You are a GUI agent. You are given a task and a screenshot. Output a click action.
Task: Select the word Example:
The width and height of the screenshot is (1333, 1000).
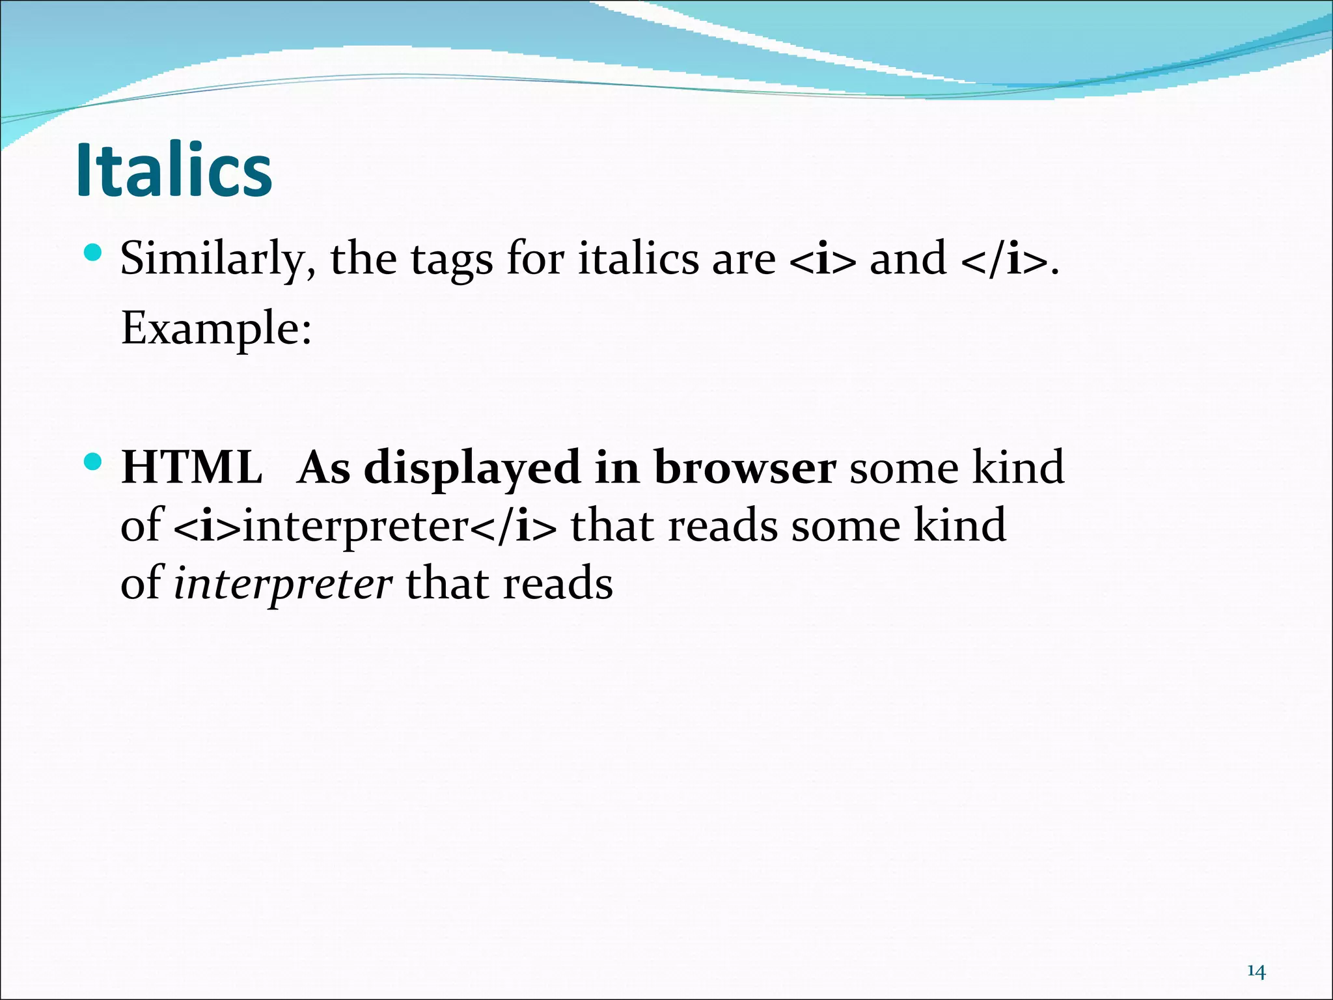pos(217,329)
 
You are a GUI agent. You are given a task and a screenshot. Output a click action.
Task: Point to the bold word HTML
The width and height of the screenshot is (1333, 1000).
pos(192,467)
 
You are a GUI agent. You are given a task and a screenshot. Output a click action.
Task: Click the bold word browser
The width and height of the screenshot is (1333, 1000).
pos(745,467)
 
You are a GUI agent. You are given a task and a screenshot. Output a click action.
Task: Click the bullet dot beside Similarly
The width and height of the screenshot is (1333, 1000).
pos(94,252)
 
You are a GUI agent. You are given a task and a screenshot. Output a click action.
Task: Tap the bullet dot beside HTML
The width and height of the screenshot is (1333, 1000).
pos(94,462)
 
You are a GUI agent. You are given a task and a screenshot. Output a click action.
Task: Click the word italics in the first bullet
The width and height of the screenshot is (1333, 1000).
pos(638,259)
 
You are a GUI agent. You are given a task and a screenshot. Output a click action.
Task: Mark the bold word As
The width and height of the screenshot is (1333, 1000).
pos(323,467)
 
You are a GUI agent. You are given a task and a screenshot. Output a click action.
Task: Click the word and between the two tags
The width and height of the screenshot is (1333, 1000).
pos(908,259)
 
